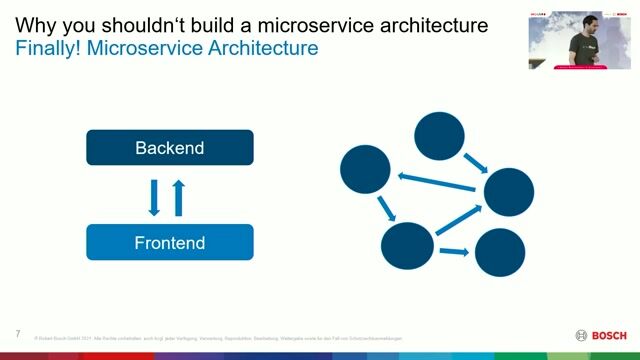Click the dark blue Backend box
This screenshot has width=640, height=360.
coord(170,148)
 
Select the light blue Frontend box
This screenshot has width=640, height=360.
coord(170,242)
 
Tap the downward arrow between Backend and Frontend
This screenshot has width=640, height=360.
coord(154,196)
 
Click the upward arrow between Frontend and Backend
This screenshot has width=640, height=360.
coord(179,196)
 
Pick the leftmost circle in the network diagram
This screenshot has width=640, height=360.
coord(364,169)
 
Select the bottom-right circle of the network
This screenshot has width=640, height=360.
coord(499,253)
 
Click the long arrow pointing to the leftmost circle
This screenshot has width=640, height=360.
coord(439,182)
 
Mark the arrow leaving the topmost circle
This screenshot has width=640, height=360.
coord(478,163)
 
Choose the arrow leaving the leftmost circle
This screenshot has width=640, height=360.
coord(384,207)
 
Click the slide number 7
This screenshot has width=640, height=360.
coord(18,333)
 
